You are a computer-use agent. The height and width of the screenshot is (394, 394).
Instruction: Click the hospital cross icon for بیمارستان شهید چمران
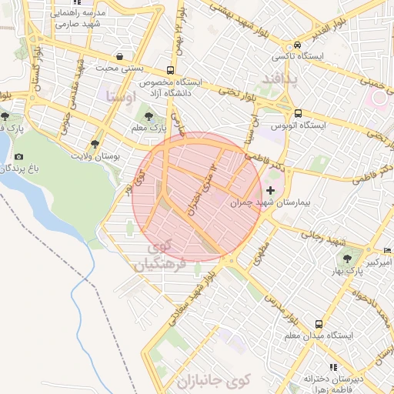point(269,190)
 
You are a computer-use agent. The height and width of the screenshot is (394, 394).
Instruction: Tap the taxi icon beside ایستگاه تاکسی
point(297,44)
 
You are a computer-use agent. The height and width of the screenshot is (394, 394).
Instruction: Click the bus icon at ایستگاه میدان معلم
point(319,324)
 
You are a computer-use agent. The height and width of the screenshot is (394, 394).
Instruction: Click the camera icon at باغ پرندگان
point(18,157)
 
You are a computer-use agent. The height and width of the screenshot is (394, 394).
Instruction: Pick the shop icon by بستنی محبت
point(119,56)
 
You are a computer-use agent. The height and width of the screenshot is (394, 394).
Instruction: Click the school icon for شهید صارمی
point(55,14)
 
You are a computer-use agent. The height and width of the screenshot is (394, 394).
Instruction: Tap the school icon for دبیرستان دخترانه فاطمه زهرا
point(332,368)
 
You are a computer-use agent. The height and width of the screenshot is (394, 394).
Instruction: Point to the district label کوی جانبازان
point(213,380)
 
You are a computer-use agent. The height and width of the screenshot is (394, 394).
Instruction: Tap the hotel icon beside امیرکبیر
point(387,252)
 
